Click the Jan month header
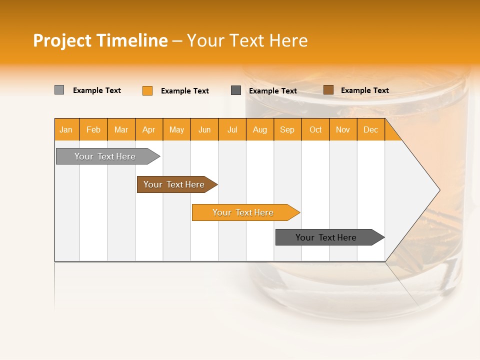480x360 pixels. [x=66, y=130]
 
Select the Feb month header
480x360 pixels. [x=93, y=130]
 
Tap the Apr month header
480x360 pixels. [x=149, y=130]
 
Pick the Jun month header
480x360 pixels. [x=204, y=130]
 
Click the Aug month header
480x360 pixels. [x=260, y=130]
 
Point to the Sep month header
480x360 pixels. [x=287, y=130]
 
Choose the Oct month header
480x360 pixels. [x=315, y=130]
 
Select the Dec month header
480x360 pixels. [x=371, y=130]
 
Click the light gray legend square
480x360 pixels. [x=59, y=90]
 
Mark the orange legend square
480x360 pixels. [x=147, y=90]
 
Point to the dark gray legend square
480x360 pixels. [x=236, y=90]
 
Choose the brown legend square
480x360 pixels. [x=328, y=90]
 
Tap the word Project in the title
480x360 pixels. [x=62, y=40]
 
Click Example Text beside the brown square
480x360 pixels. [x=364, y=90]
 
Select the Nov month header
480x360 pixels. [x=343, y=130]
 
